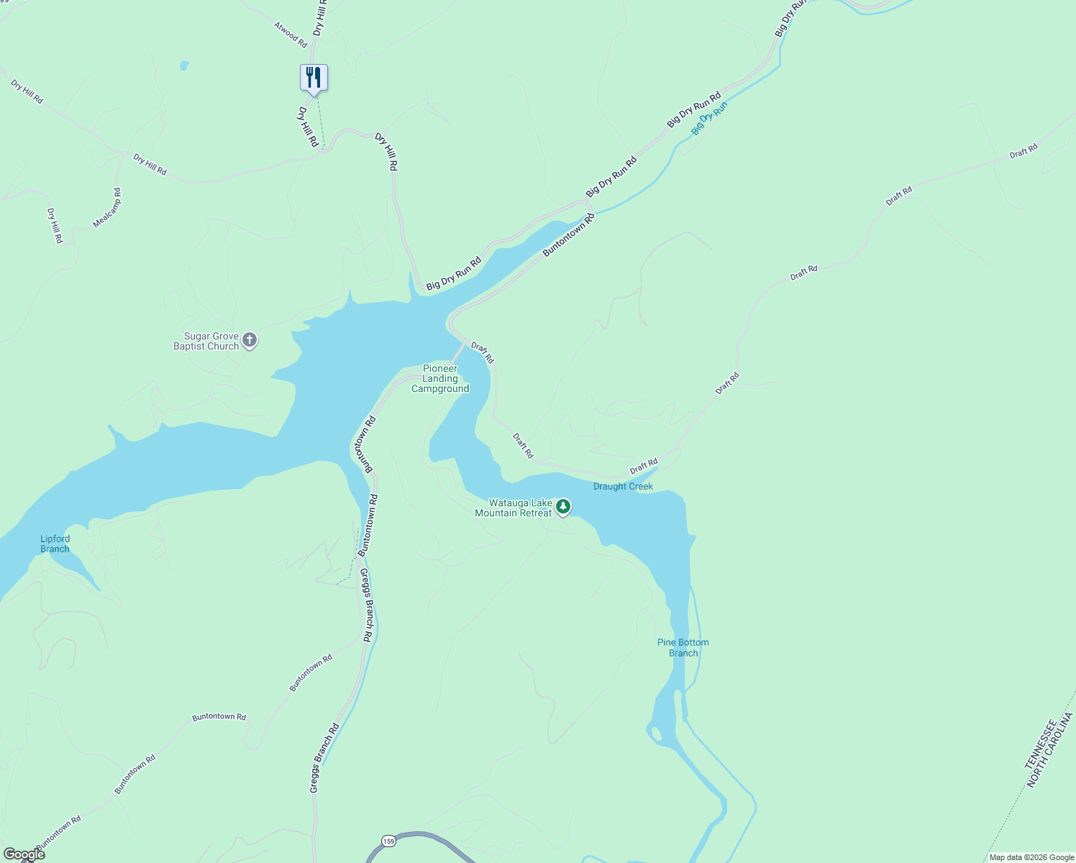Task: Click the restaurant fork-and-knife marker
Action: coord(314,77)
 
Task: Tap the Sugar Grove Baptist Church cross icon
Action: coord(250,340)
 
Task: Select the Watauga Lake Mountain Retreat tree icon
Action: coord(563,507)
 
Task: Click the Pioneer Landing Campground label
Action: coord(440,378)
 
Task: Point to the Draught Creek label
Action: coord(623,486)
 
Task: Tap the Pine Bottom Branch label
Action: coord(683,647)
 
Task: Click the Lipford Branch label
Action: coord(55,544)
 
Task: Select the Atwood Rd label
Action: coord(291,35)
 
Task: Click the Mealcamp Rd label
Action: coord(107,208)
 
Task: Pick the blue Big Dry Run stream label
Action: coord(709,118)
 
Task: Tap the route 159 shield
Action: coord(388,841)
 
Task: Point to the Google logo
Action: coord(23,854)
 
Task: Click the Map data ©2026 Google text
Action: coord(1031,857)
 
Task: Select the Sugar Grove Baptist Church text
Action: coord(206,341)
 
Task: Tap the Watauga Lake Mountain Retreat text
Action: coord(514,508)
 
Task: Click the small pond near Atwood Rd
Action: coord(184,65)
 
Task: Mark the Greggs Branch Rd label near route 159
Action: coord(324,759)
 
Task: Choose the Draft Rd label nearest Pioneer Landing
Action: coord(483,352)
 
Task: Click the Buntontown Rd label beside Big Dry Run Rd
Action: coord(568,234)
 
